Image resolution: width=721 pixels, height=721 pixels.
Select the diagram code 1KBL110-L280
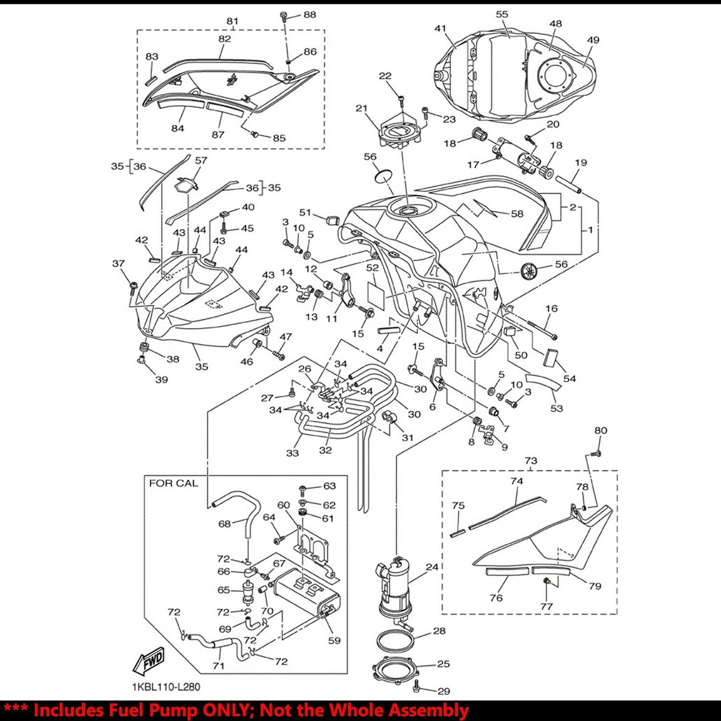(166, 687)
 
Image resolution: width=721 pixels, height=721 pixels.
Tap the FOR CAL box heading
(174, 483)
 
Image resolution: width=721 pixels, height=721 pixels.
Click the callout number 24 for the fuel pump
(432, 567)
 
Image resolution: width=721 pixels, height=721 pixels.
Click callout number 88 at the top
(310, 15)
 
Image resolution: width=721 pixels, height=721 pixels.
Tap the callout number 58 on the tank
(517, 213)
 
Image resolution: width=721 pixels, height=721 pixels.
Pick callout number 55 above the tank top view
(502, 14)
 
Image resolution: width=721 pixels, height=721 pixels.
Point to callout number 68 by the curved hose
(224, 523)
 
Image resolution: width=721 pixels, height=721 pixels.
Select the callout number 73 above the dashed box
(531, 460)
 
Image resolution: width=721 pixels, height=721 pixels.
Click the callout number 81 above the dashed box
(232, 21)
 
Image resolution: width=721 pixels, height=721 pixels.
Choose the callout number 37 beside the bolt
(118, 263)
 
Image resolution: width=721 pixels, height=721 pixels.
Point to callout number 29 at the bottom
(443, 691)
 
